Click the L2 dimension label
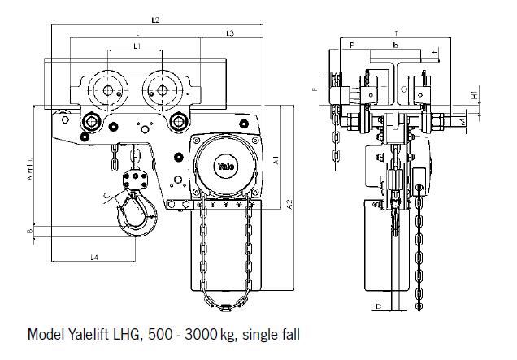[156, 19]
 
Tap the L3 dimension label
[229, 33]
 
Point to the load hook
[134, 215]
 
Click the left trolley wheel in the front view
[106, 91]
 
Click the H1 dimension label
[474, 96]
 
